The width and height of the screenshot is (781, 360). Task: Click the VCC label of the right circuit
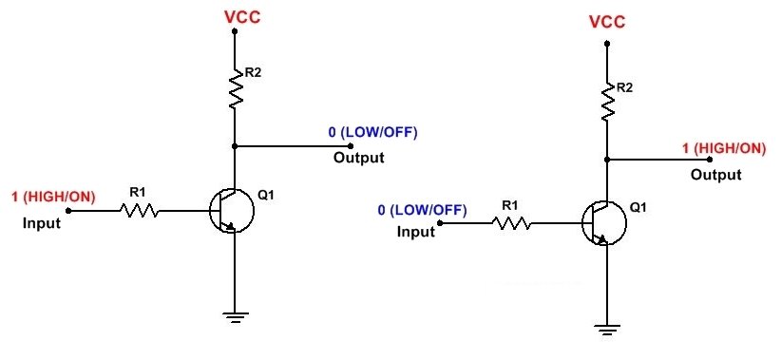608,21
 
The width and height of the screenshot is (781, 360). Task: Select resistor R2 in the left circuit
234,86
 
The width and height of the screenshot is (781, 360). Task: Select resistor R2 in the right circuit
608,100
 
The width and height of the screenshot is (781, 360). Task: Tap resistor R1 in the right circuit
511,223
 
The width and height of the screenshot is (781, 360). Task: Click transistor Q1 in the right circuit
604,223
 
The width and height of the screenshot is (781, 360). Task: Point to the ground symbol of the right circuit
606,329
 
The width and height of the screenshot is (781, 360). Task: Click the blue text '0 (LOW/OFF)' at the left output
373,131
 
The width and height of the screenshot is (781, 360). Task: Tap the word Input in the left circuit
42,224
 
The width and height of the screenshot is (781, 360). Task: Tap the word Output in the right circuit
715,175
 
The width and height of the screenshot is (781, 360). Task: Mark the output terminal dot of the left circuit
351,146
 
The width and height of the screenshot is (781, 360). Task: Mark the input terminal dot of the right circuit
440,224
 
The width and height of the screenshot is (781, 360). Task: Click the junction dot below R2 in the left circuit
234,146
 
